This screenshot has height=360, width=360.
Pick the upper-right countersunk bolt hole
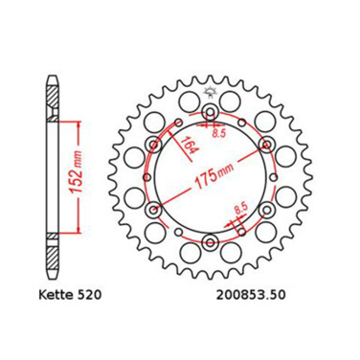(265, 146)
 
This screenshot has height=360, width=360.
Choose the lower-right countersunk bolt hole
(265, 211)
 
